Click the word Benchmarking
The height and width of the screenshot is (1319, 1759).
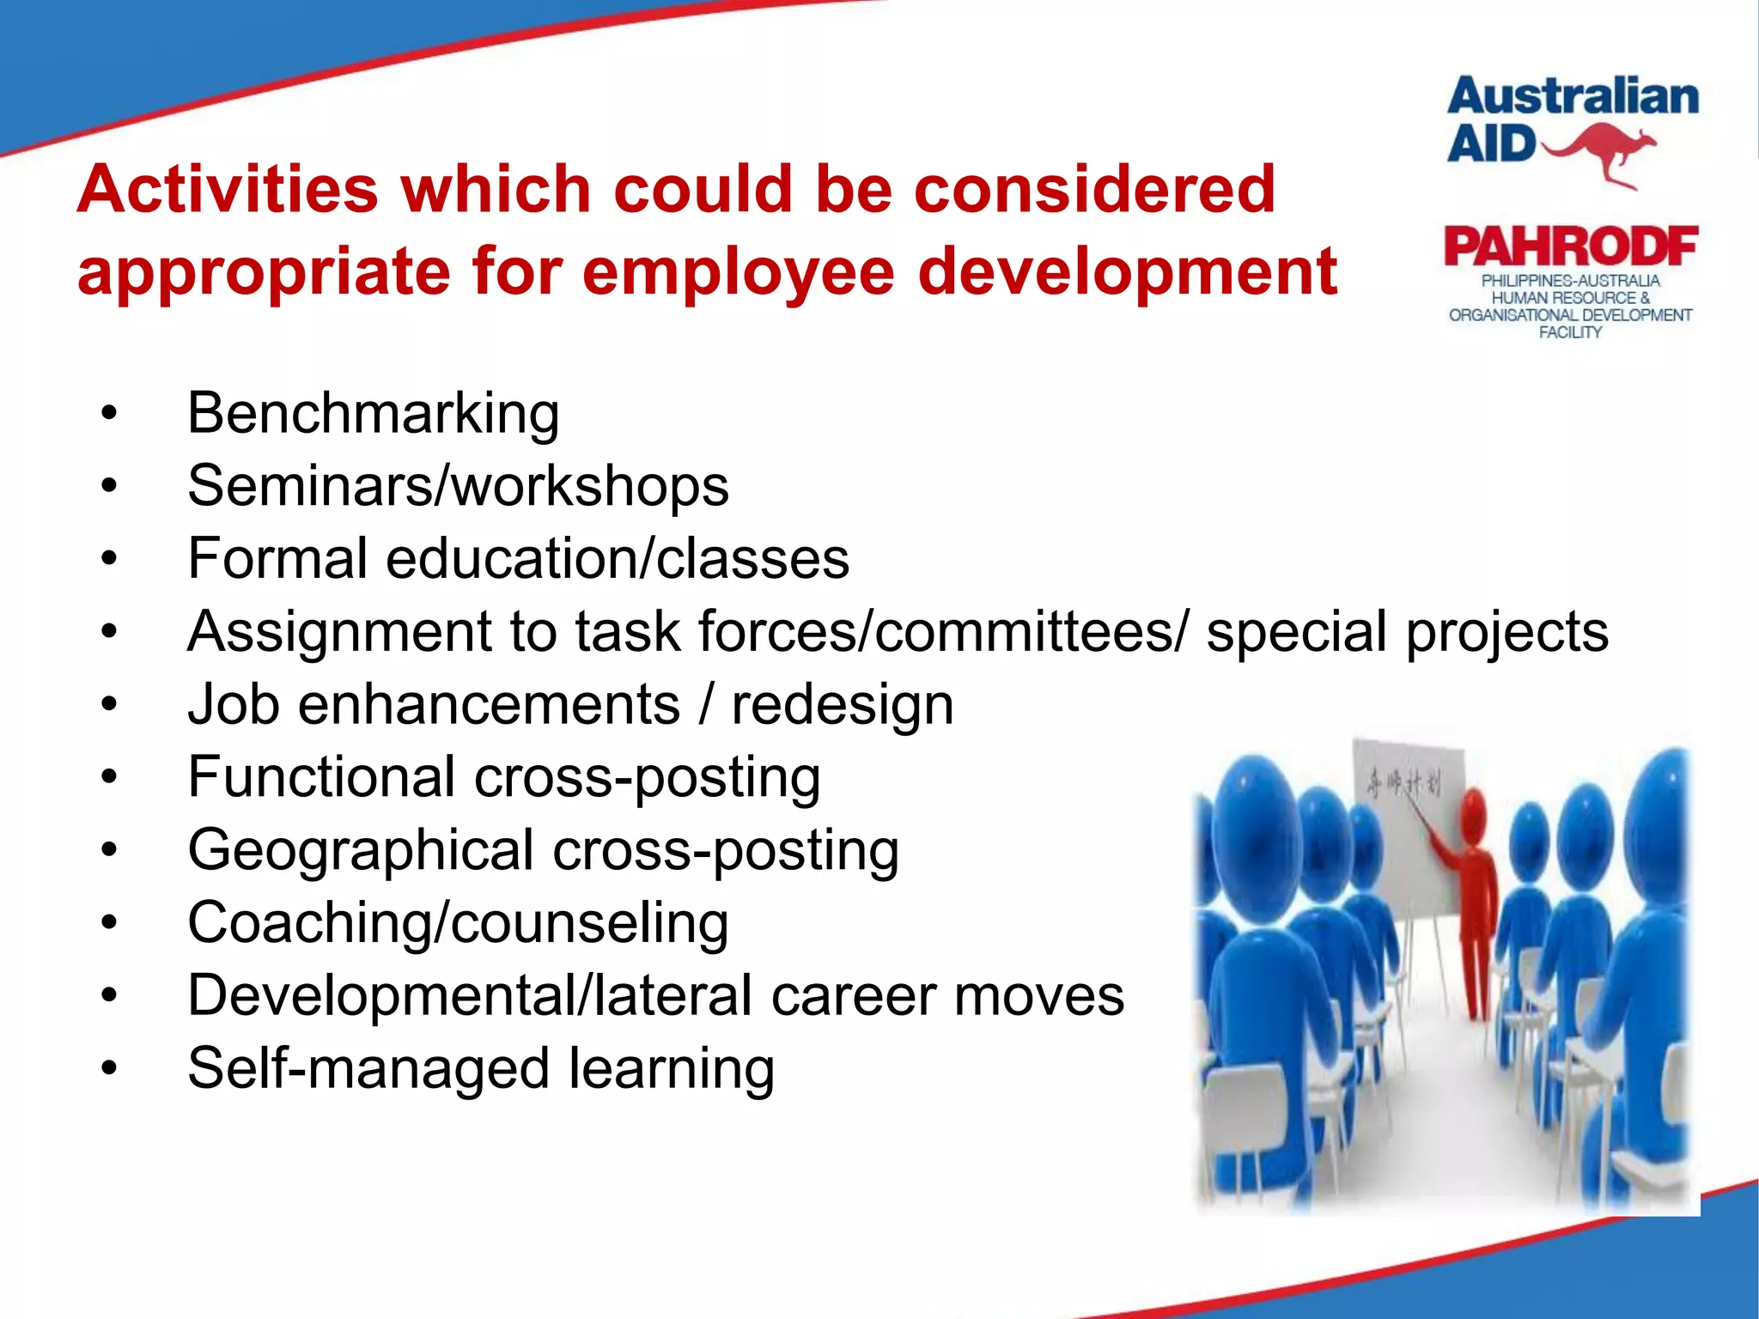[x=373, y=414]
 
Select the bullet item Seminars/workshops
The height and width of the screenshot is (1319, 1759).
[x=458, y=486]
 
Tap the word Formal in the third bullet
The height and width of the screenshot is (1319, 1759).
[x=277, y=559]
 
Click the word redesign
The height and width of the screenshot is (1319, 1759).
[x=842, y=706]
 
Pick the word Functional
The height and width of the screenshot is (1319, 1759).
[x=321, y=777]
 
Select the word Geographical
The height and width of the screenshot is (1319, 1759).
[x=361, y=851]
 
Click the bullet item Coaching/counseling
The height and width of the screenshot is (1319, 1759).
[x=458, y=924]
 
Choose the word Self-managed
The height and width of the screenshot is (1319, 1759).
[x=368, y=1069]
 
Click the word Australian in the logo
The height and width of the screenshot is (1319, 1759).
[x=1573, y=96]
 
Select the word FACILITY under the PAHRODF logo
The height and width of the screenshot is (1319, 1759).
[x=1570, y=332]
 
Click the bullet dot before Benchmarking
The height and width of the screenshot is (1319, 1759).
[x=108, y=414]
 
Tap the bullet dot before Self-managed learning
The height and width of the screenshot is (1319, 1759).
[x=108, y=1070]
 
